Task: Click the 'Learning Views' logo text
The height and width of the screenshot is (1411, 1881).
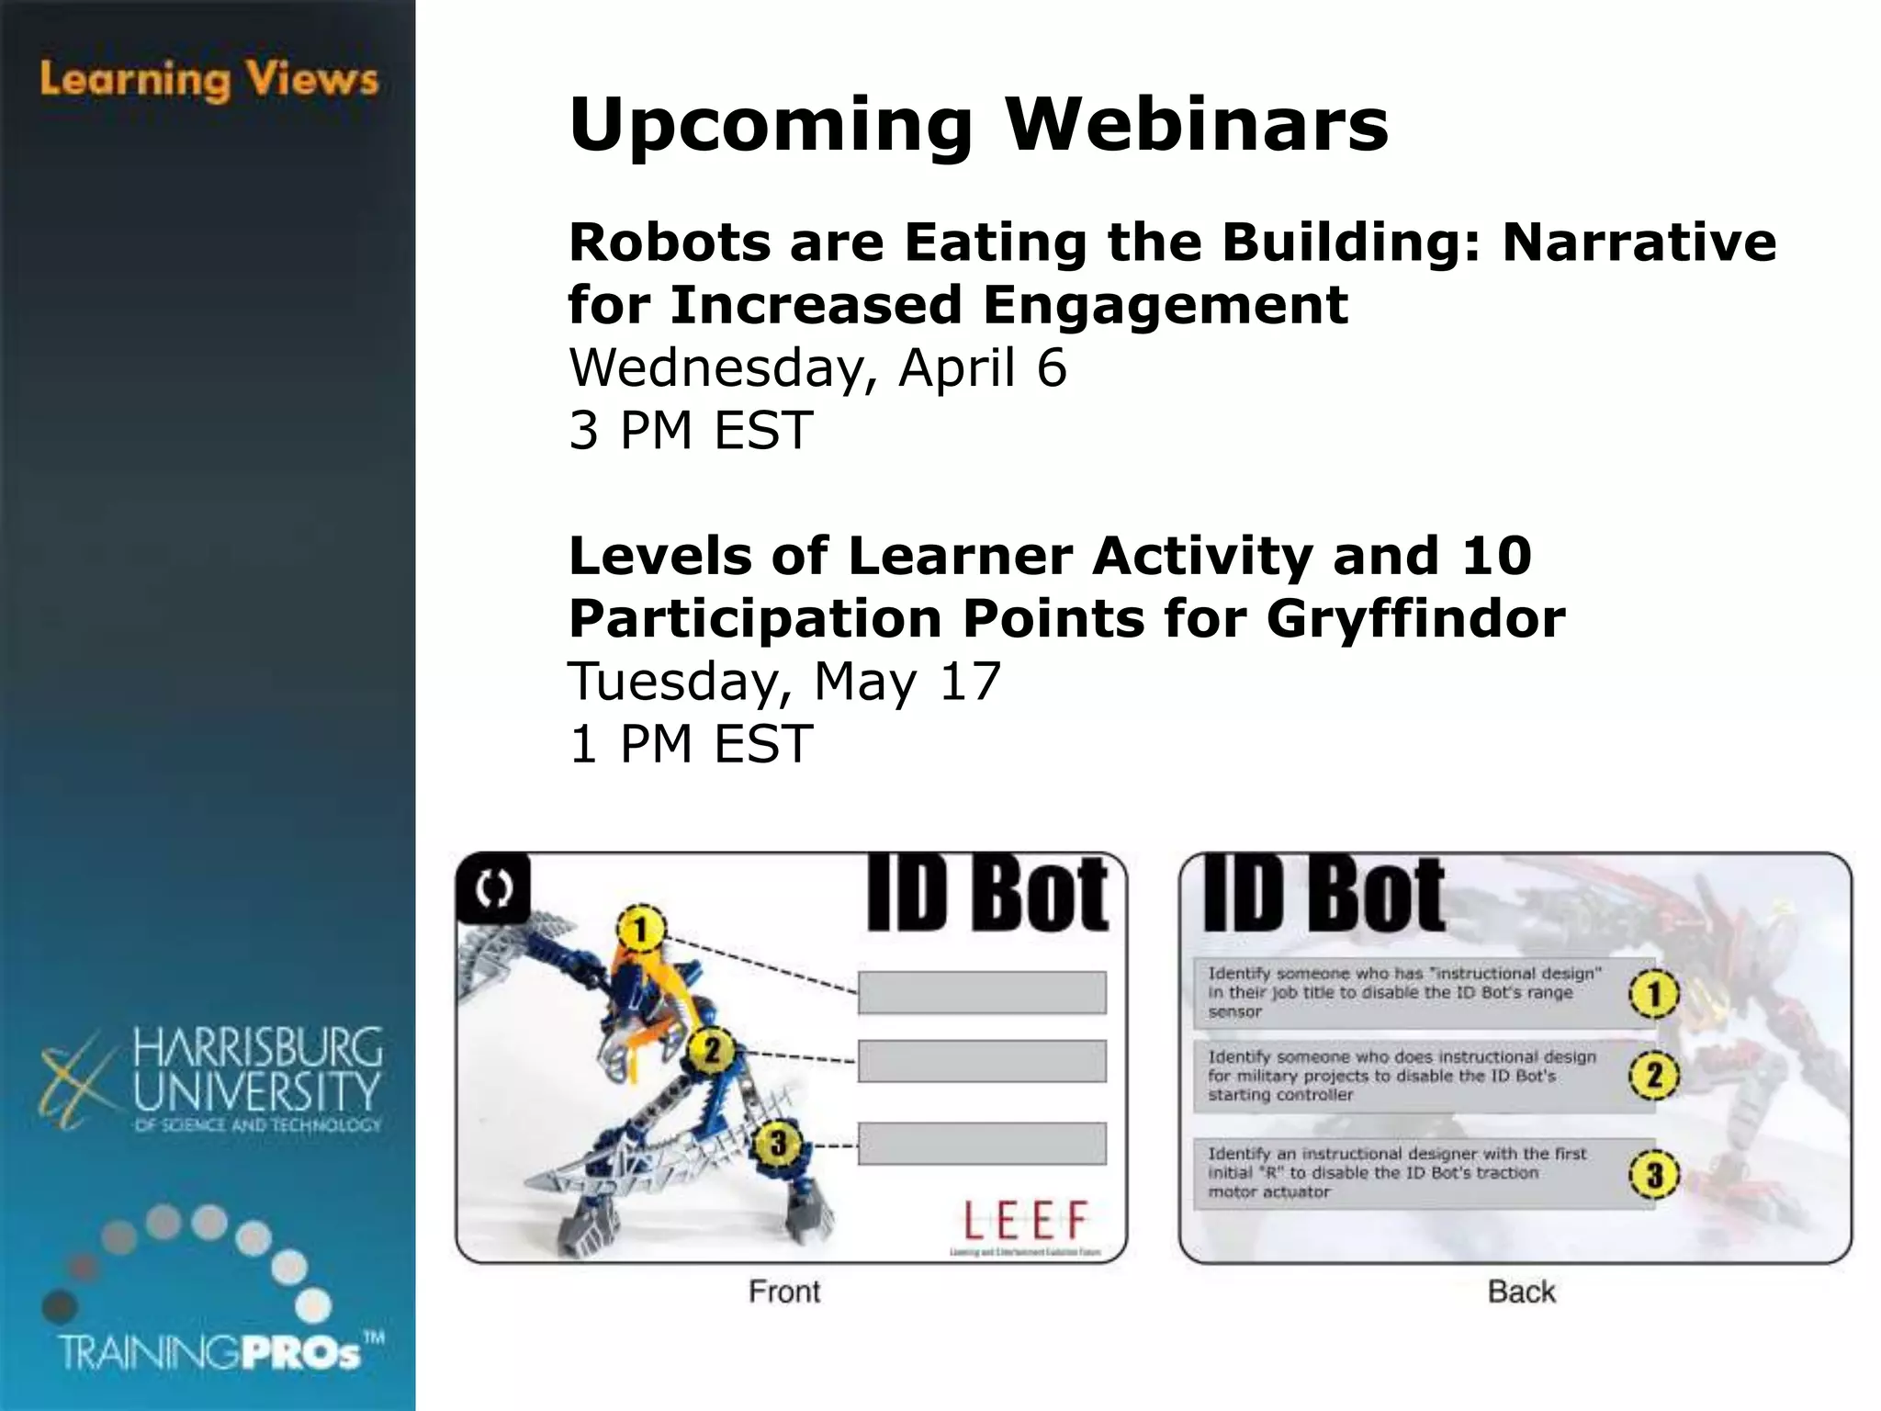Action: click(x=208, y=80)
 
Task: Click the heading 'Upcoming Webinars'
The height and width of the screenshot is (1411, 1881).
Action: click(x=978, y=124)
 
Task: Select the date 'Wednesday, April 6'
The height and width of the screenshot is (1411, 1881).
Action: click(x=817, y=367)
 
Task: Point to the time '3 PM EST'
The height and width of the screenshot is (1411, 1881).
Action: click(x=691, y=430)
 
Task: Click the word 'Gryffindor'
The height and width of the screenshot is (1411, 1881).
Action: click(x=1415, y=618)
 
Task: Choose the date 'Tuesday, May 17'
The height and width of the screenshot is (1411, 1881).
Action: click(x=784, y=682)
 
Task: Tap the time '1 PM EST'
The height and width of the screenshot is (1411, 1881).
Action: click(x=691, y=743)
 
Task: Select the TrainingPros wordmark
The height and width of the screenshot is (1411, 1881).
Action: click(x=220, y=1353)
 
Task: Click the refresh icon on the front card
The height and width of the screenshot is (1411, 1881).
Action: click(x=494, y=888)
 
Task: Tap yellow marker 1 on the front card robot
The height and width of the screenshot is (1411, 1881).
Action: click(x=641, y=929)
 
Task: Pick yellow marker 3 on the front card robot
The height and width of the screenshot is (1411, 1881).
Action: click(x=778, y=1144)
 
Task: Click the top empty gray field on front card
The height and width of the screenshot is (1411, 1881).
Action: click(x=982, y=992)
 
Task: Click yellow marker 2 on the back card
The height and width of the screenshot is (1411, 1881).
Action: click(x=1653, y=1075)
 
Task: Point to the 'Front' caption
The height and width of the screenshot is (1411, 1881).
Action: click(x=783, y=1292)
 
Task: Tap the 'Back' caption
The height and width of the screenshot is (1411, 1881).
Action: click(x=1521, y=1292)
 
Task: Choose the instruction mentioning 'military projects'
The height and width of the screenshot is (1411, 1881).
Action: click(x=1402, y=1076)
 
